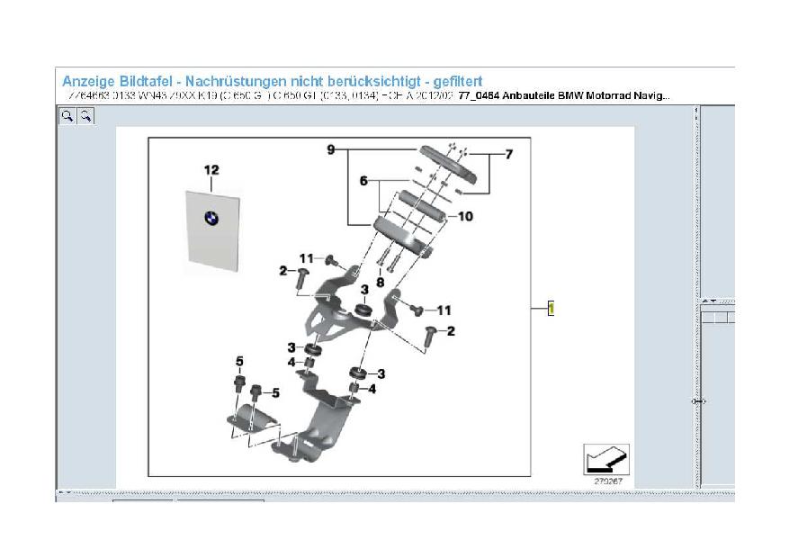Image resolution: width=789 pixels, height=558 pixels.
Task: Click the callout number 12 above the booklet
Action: [211, 170]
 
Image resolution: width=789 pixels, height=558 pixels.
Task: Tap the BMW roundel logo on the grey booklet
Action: [211, 219]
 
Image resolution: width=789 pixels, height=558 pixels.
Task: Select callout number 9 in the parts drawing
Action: [331, 148]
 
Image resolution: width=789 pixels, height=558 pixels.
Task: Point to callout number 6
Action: [364, 181]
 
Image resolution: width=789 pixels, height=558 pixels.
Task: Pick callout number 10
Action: [465, 216]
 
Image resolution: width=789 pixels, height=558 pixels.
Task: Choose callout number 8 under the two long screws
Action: [381, 282]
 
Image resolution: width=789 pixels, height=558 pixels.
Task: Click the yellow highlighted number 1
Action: [551, 309]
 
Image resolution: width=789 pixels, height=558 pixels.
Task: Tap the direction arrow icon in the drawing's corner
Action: [605, 460]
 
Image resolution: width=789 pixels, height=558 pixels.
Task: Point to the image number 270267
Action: [607, 481]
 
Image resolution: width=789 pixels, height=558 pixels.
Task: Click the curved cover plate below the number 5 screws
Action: [258, 423]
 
